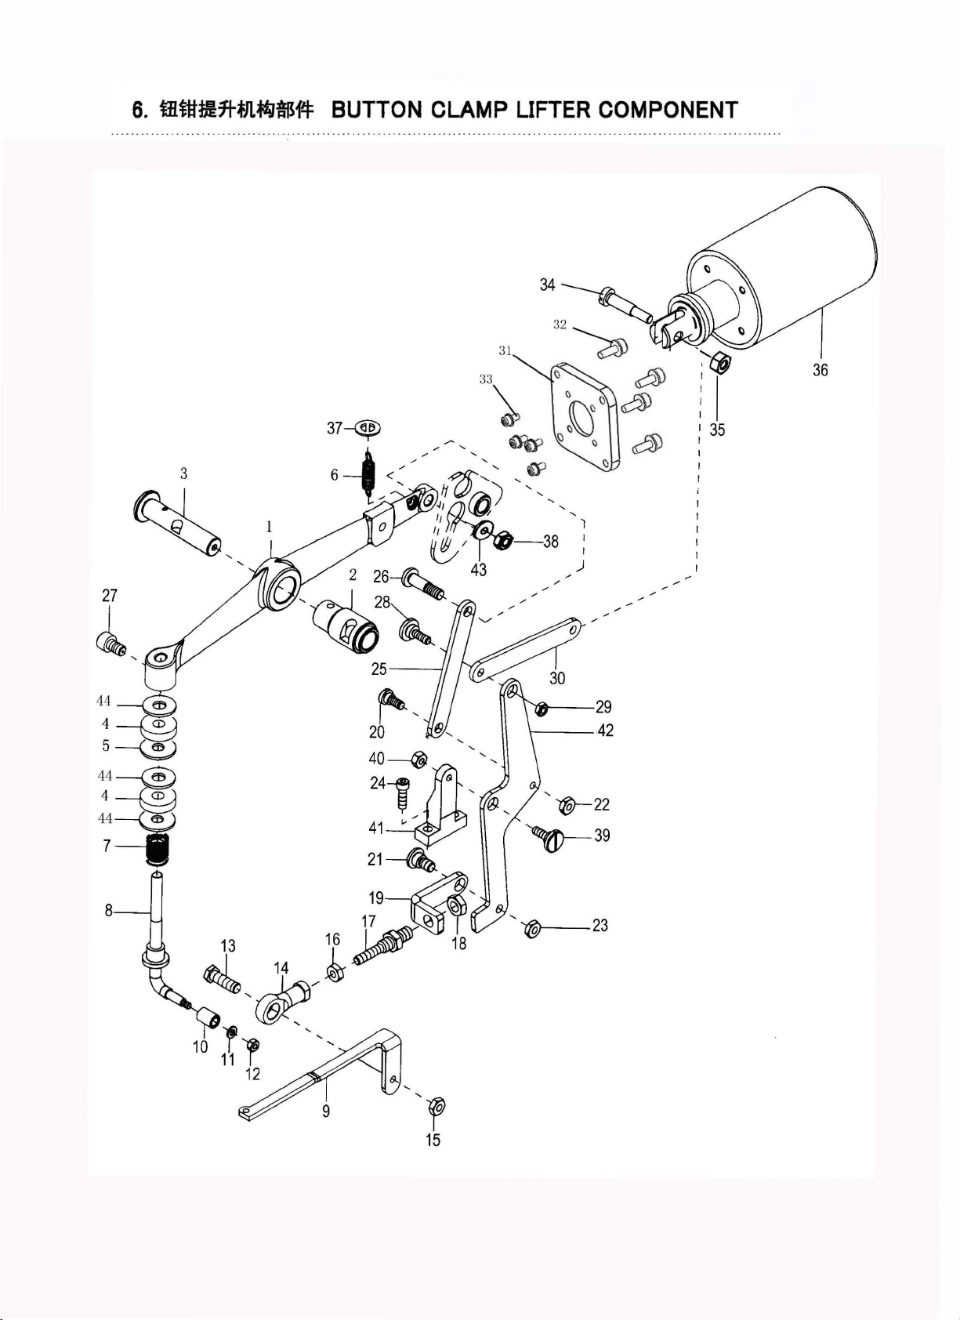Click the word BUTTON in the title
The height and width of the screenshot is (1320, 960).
pos(377,110)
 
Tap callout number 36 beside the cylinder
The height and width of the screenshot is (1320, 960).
pos(821,370)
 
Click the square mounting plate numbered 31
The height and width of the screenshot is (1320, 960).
pos(583,417)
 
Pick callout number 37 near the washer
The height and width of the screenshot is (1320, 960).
pos(334,429)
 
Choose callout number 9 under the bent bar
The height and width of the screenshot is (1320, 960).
pos(326,1111)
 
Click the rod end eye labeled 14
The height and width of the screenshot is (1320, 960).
pos(283,1003)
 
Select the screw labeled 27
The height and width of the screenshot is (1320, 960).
pos(111,643)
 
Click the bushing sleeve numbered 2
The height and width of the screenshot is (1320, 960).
pos(346,626)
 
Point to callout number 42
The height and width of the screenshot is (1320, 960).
pos(605,730)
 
